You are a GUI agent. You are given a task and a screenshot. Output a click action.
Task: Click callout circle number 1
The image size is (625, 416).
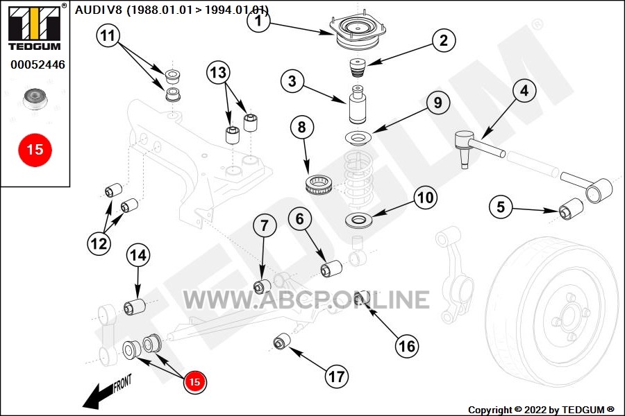[259, 21]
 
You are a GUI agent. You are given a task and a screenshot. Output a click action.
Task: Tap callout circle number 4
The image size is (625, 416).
[524, 91]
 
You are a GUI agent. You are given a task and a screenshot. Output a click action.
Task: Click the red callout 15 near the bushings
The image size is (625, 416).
[194, 382]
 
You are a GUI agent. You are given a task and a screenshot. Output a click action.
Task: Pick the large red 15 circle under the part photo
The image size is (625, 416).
[35, 150]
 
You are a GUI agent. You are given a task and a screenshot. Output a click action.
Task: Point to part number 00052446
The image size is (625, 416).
[38, 64]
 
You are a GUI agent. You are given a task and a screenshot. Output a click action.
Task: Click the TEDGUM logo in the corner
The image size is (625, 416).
[35, 27]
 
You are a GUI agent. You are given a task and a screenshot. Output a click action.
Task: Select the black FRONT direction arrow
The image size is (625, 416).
[99, 395]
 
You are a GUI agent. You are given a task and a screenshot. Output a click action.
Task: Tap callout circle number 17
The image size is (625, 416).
[336, 376]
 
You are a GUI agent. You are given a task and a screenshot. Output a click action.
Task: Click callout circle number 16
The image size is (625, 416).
[407, 346]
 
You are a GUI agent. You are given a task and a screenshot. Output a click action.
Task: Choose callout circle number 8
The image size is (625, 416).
[302, 128]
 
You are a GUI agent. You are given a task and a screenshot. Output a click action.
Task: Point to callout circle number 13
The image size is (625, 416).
[218, 73]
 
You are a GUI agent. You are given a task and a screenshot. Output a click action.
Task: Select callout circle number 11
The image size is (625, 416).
[108, 36]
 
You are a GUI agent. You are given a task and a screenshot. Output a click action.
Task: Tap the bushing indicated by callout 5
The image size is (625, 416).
[571, 209]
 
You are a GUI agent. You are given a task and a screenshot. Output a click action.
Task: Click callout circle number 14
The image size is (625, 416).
[138, 255]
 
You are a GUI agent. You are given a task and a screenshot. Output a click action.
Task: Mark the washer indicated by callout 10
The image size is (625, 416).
[359, 220]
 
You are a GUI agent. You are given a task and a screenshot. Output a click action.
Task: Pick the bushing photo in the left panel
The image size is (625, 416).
[35, 98]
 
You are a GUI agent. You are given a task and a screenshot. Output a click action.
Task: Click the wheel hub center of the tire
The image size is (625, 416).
[568, 318]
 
